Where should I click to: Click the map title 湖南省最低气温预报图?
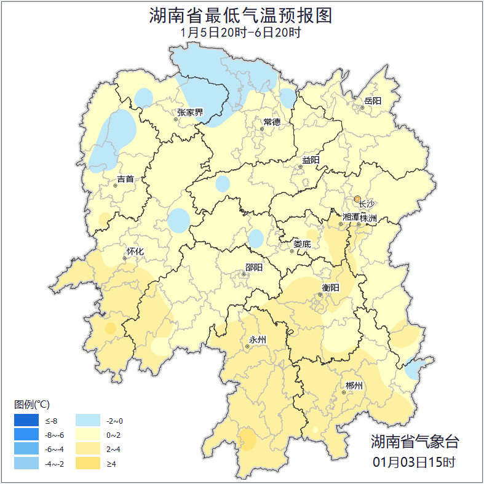(240, 15)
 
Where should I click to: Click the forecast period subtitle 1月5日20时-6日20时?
(240, 33)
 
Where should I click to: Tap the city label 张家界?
(190, 113)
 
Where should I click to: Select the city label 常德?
(272, 122)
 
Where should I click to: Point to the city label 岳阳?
(373, 101)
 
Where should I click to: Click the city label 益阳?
(311, 161)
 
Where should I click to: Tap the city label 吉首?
(125, 179)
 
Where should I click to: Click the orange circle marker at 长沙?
(357, 199)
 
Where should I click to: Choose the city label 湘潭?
(351, 218)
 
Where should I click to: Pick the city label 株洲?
(368, 218)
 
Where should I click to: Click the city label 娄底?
(302, 244)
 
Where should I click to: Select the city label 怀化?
(135, 252)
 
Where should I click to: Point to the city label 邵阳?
(253, 268)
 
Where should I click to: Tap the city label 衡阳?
(331, 287)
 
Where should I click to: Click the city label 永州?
(257, 339)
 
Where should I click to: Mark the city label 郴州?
(354, 386)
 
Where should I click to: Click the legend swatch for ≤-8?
(26, 421)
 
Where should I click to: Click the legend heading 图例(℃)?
(32, 404)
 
